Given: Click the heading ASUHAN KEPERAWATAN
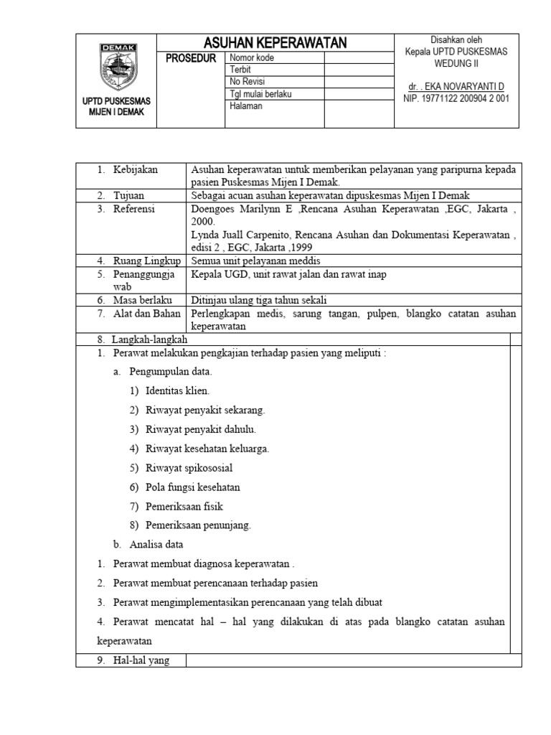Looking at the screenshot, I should click(275, 43).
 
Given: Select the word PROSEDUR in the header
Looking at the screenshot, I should click(191, 58).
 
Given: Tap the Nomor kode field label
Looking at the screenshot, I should click(252, 58).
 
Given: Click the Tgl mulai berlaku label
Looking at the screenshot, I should click(260, 94).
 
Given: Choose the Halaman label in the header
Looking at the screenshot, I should click(246, 106).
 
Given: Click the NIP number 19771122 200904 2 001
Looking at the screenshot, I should click(456, 98).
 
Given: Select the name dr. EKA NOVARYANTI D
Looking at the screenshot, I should click(456, 86).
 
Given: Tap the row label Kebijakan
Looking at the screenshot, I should click(135, 169).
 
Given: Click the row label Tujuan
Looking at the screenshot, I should click(130, 195).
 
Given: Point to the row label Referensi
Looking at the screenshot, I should click(134, 209).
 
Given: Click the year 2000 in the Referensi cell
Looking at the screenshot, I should click(203, 222).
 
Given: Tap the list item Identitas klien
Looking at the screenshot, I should click(177, 391).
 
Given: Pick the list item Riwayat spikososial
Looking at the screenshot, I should click(189, 468).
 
